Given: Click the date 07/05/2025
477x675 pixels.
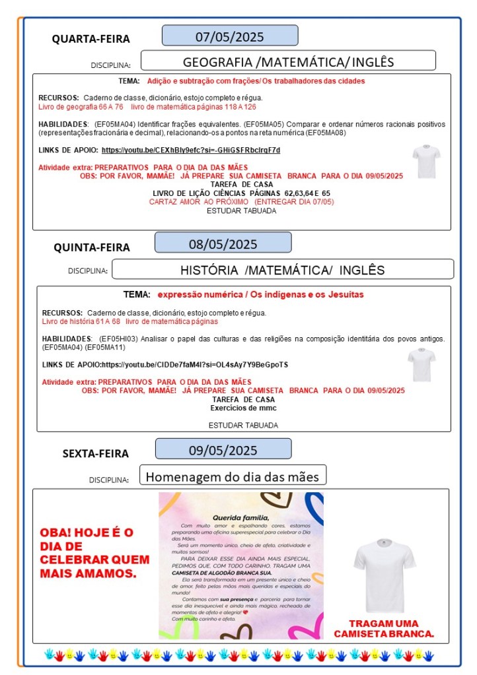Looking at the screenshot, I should click(229, 36).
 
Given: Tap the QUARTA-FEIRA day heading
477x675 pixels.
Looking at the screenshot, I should click(91, 39).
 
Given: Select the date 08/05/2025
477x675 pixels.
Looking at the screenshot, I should click(223, 243).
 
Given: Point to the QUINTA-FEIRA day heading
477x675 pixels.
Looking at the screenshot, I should click(92, 247).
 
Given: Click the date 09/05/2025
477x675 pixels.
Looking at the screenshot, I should click(223, 450).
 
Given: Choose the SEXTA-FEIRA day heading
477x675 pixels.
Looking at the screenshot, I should click(96, 453).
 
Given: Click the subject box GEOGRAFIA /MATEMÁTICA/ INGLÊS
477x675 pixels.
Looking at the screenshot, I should click(288, 61).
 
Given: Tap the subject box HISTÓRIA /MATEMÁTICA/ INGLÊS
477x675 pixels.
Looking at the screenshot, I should click(282, 270).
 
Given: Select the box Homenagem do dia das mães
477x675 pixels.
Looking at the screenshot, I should click(232, 476).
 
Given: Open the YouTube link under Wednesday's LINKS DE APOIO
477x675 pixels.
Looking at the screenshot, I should click(191, 150).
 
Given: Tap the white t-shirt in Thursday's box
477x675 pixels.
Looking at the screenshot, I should click(421, 364).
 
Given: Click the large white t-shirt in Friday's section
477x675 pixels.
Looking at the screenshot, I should click(385, 565).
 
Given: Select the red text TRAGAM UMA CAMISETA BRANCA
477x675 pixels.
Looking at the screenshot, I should click(384, 628).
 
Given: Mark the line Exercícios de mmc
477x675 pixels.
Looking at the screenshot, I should click(243, 408).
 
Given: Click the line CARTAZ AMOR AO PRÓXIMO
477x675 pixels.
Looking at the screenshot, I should click(241, 201).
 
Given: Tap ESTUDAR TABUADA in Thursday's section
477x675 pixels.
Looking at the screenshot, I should click(242, 425).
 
